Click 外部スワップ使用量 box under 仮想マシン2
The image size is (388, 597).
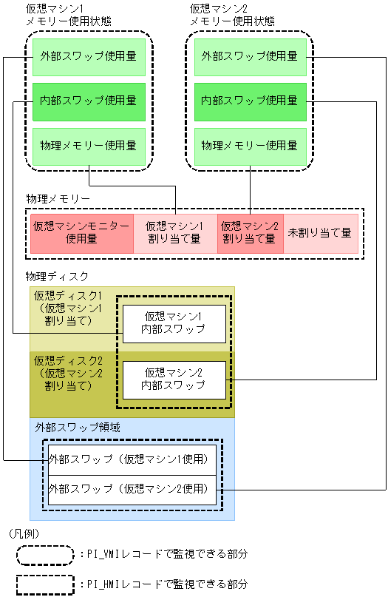250,56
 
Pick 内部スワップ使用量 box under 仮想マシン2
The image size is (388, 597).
250,101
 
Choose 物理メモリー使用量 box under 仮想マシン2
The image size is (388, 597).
250,146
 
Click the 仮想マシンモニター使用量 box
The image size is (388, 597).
81,233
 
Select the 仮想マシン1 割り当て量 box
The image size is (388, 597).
174,233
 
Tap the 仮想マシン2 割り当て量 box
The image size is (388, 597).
250,233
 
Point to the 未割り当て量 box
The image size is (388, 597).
320,233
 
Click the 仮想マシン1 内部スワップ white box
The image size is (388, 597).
174,323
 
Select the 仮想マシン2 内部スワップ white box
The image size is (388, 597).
174,380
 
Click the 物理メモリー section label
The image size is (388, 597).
58,199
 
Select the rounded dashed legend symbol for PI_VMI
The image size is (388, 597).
45,553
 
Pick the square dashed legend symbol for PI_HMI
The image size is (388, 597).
45,584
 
